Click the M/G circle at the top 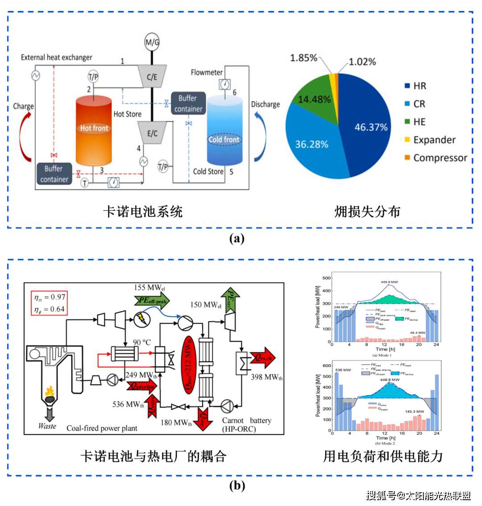click(152, 42)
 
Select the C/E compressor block click(152, 77)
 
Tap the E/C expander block click(152, 133)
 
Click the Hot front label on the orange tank click(94, 128)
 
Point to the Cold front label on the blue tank click(224, 140)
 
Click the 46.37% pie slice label click(371, 128)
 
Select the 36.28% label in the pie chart click(312, 144)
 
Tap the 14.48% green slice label click(314, 99)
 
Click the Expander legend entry click(434, 140)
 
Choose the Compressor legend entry click(440, 158)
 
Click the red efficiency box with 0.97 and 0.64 click(50, 303)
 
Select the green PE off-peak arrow click(151, 301)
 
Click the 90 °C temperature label click(142, 342)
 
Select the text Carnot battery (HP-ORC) click(246, 425)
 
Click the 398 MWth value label click(266, 377)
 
